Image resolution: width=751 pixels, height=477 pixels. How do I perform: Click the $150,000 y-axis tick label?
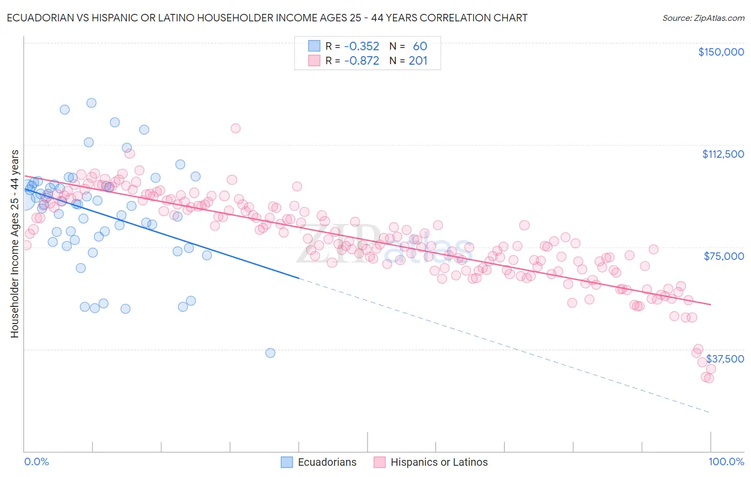pyautogui.click(x=721, y=52)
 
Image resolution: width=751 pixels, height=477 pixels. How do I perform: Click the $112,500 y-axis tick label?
pyautogui.click(x=722, y=154)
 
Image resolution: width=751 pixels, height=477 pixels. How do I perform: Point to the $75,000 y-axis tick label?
pyautogui.click(x=723, y=256)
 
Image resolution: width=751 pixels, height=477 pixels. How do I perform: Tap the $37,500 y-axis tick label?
pyautogui.click(x=724, y=359)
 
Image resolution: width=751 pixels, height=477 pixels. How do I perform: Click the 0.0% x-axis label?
pyautogui.click(x=36, y=462)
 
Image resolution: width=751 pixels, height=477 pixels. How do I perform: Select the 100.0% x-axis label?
pyautogui.click(x=726, y=462)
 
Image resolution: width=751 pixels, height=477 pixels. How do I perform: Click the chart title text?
pyautogui.click(x=267, y=18)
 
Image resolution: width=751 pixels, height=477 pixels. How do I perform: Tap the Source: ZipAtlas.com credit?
pyautogui.click(x=703, y=18)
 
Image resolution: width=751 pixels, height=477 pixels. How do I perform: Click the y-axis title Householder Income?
pyautogui.click(x=14, y=244)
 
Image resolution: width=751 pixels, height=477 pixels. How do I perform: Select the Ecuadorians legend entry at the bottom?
pyautogui.click(x=319, y=462)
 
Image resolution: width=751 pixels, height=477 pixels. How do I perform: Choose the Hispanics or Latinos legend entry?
pyautogui.click(x=431, y=462)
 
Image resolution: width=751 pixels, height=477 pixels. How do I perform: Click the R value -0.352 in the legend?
pyautogui.click(x=361, y=46)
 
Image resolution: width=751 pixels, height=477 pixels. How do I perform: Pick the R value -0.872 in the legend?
pyautogui.click(x=361, y=60)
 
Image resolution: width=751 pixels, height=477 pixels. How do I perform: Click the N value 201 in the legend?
pyautogui.click(x=418, y=60)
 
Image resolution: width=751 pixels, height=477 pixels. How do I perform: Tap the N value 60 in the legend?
pyautogui.click(x=420, y=46)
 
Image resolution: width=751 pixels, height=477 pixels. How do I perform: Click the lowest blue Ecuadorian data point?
pyautogui.click(x=270, y=353)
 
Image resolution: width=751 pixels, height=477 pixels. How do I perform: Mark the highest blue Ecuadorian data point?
pyautogui.click(x=91, y=103)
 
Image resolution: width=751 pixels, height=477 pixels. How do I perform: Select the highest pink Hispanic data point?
pyautogui.click(x=236, y=128)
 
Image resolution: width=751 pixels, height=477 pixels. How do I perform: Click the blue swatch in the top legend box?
pyautogui.click(x=314, y=46)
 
